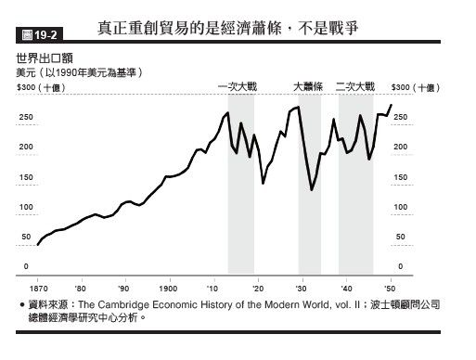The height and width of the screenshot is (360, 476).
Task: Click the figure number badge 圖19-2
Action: [x=35, y=37]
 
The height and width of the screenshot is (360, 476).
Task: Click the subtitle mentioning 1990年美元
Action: [x=80, y=71]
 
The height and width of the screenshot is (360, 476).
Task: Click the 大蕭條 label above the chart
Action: [x=308, y=86]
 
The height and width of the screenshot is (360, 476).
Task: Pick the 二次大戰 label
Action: [x=355, y=86]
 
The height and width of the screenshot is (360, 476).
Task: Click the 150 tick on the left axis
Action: [x=25, y=177]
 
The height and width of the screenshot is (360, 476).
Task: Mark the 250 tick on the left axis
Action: [x=25, y=117]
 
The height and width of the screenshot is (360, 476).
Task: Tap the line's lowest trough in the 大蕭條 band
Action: [x=312, y=190]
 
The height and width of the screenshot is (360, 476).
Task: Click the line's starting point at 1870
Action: [x=37, y=245]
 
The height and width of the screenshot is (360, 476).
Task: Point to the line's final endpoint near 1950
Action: [x=392, y=105]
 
